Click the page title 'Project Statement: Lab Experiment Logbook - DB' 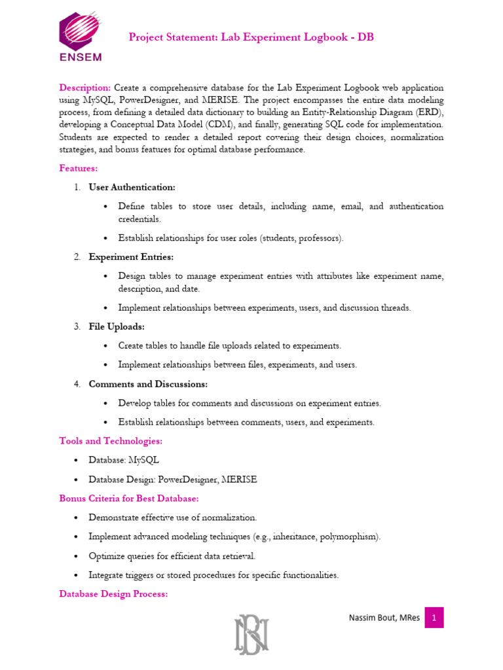click(251, 37)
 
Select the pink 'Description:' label click(85, 88)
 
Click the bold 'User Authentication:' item click(132, 187)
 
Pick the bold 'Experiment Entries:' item click(131, 257)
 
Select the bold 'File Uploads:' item click(117, 326)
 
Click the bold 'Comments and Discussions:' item click(148, 384)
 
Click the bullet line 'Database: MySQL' click(124, 460)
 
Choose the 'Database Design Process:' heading click(113, 594)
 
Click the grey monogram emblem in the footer click(251, 634)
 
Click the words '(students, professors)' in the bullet click(301, 238)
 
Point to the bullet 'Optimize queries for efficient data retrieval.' click(172, 556)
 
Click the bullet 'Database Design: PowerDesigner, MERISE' click(173, 480)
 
